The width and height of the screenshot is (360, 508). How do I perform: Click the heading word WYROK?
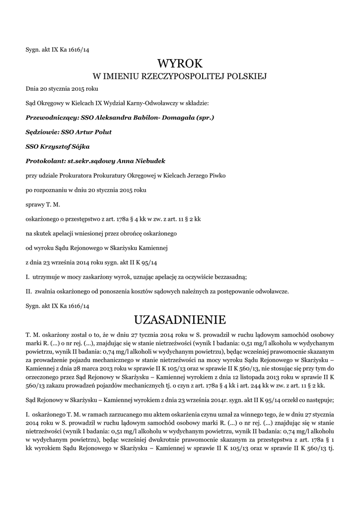(x=180, y=63)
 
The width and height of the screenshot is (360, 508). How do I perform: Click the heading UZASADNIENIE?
(x=180, y=317)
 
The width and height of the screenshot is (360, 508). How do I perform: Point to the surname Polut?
(x=101, y=132)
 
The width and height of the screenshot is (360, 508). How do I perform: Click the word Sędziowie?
(x=42, y=132)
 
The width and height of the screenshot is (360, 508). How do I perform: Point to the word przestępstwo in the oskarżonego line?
(x=81, y=218)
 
